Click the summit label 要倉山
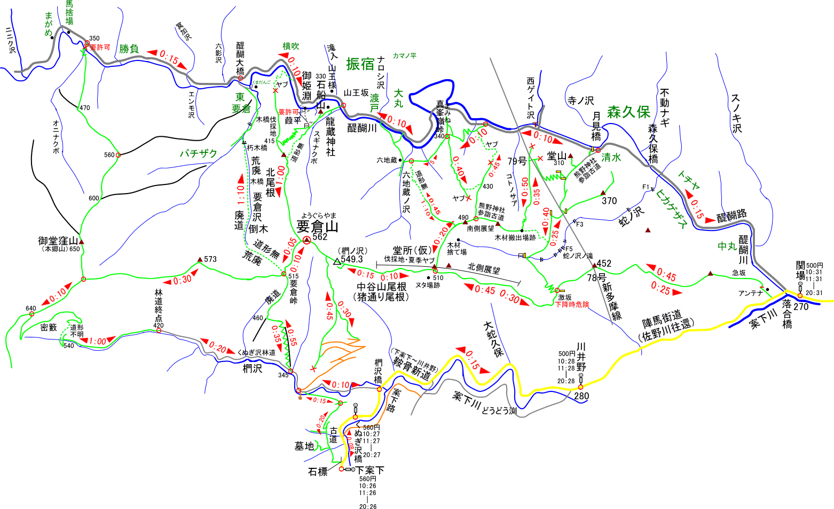click(317, 226)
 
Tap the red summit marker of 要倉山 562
click(306, 241)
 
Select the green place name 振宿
click(360, 64)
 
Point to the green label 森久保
click(628, 112)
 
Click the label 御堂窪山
click(58, 241)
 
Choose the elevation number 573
click(210, 259)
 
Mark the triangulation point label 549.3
click(352, 259)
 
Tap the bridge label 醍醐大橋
click(240, 58)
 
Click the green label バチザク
click(198, 154)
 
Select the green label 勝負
click(129, 49)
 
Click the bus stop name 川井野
click(581, 357)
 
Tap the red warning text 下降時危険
click(572, 304)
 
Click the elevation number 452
click(604, 264)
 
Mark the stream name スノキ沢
click(737, 113)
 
